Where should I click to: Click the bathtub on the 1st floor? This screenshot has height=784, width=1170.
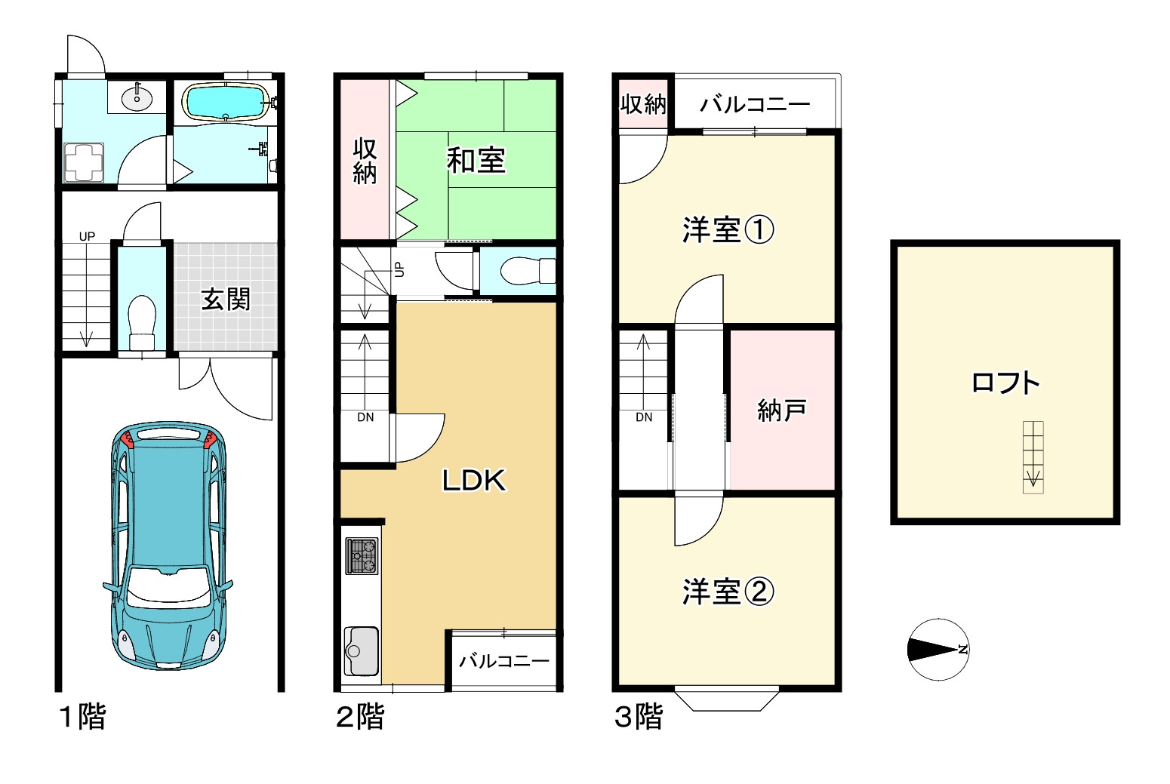(x=226, y=102)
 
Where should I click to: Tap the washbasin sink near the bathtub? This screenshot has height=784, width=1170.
(x=137, y=97)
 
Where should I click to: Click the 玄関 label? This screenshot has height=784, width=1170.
(x=226, y=299)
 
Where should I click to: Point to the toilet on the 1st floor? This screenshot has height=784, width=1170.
(x=142, y=321)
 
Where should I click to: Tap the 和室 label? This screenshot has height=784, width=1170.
(x=476, y=160)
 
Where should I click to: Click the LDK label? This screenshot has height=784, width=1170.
(x=473, y=480)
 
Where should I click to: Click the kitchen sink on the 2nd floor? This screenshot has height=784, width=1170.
(x=361, y=650)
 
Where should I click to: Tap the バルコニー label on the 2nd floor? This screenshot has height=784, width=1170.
(x=504, y=661)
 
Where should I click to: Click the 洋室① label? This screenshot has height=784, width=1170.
(x=728, y=229)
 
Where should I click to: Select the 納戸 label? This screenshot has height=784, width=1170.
(x=782, y=410)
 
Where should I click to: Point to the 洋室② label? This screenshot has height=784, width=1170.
(x=728, y=592)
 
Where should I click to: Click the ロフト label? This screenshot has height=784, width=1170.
(x=1005, y=383)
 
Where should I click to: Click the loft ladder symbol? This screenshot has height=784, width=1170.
(x=1033, y=457)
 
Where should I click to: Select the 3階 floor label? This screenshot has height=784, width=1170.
(x=639, y=716)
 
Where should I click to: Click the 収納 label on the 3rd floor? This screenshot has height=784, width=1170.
(x=643, y=103)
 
